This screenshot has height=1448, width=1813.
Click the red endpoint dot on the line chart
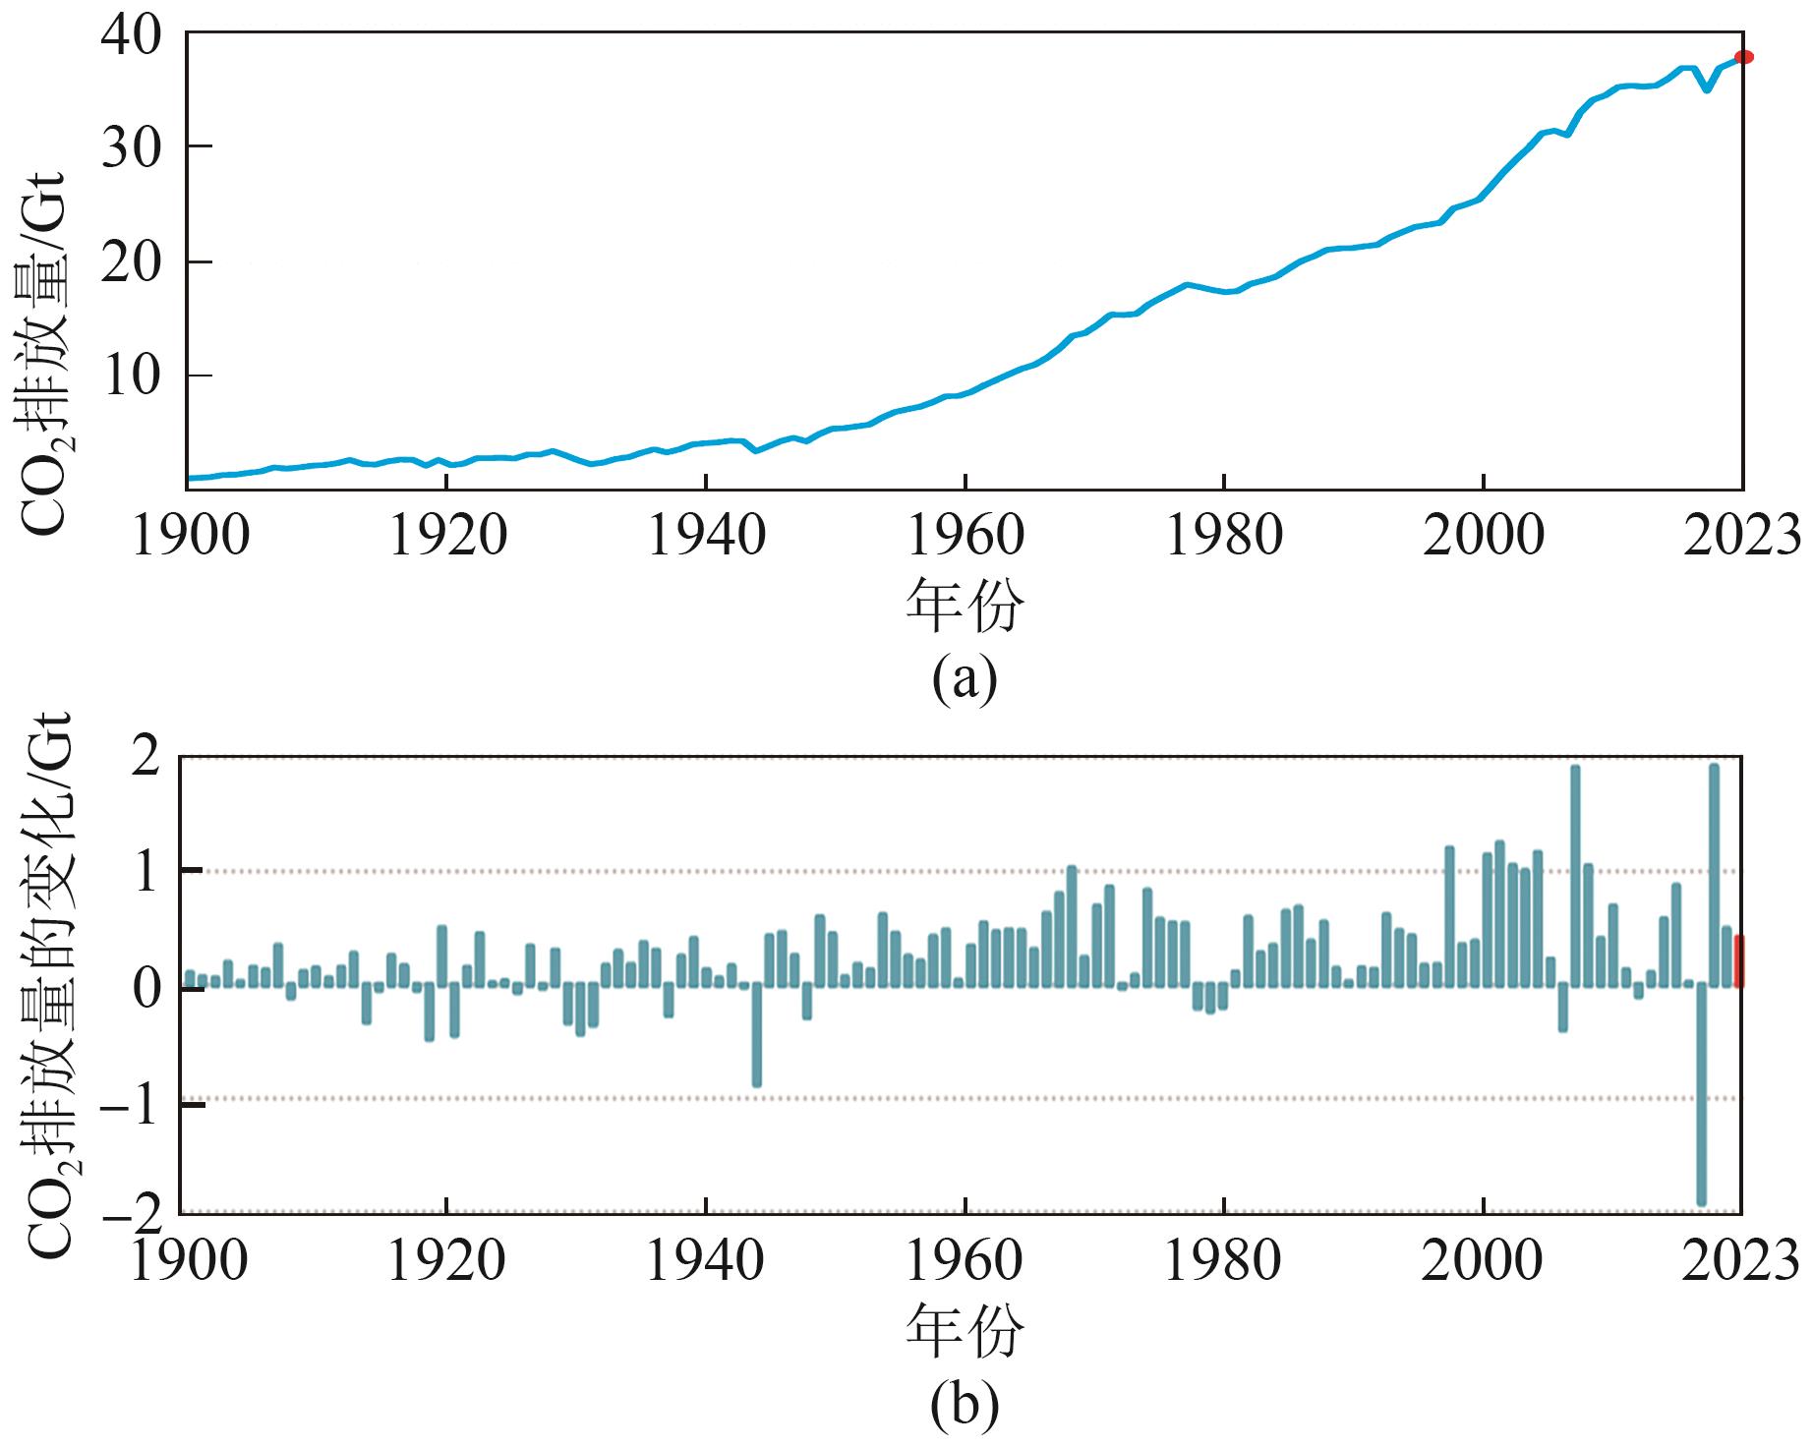pos(1743,57)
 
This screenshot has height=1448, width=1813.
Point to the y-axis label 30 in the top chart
pos(131,146)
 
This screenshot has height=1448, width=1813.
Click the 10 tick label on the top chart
pos(131,376)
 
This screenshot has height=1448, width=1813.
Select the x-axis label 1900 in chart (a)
pos(190,537)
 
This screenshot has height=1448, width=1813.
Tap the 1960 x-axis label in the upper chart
pos(965,537)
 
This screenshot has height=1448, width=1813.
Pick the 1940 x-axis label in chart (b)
pos(705,1261)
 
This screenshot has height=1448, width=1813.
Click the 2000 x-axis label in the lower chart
pos(1482,1261)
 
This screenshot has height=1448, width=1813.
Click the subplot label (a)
pos(965,678)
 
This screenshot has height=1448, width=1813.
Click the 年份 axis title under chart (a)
pos(965,606)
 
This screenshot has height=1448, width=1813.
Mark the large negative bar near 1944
pos(757,1036)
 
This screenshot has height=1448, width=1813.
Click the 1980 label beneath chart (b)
pos(1223,1261)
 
